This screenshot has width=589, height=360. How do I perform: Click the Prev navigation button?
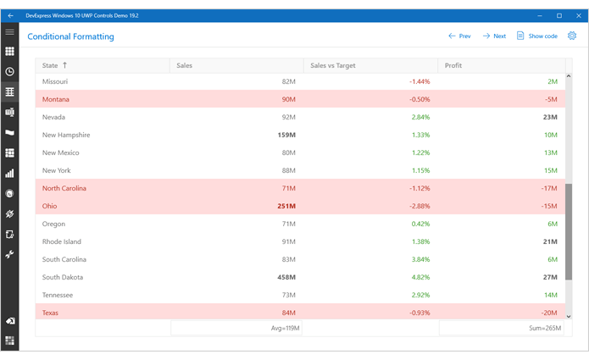click(459, 36)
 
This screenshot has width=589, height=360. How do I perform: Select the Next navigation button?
click(494, 36)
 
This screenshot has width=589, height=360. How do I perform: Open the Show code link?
click(536, 36)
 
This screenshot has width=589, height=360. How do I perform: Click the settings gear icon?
click(572, 36)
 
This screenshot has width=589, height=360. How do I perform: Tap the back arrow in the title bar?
click(10, 15)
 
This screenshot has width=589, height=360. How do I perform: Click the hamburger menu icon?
click(10, 31)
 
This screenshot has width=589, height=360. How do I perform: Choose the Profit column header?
click(453, 65)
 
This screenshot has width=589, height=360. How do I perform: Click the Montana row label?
click(56, 99)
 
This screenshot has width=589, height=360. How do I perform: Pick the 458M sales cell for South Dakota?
click(285, 277)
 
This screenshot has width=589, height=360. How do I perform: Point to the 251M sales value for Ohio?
click(285, 206)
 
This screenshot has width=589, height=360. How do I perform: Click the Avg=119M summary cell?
click(283, 328)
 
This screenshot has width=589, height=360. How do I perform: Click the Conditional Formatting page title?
click(70, 36)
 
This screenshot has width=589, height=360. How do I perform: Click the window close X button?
click(577, 15)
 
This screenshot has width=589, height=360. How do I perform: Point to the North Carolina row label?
click(65, 188)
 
